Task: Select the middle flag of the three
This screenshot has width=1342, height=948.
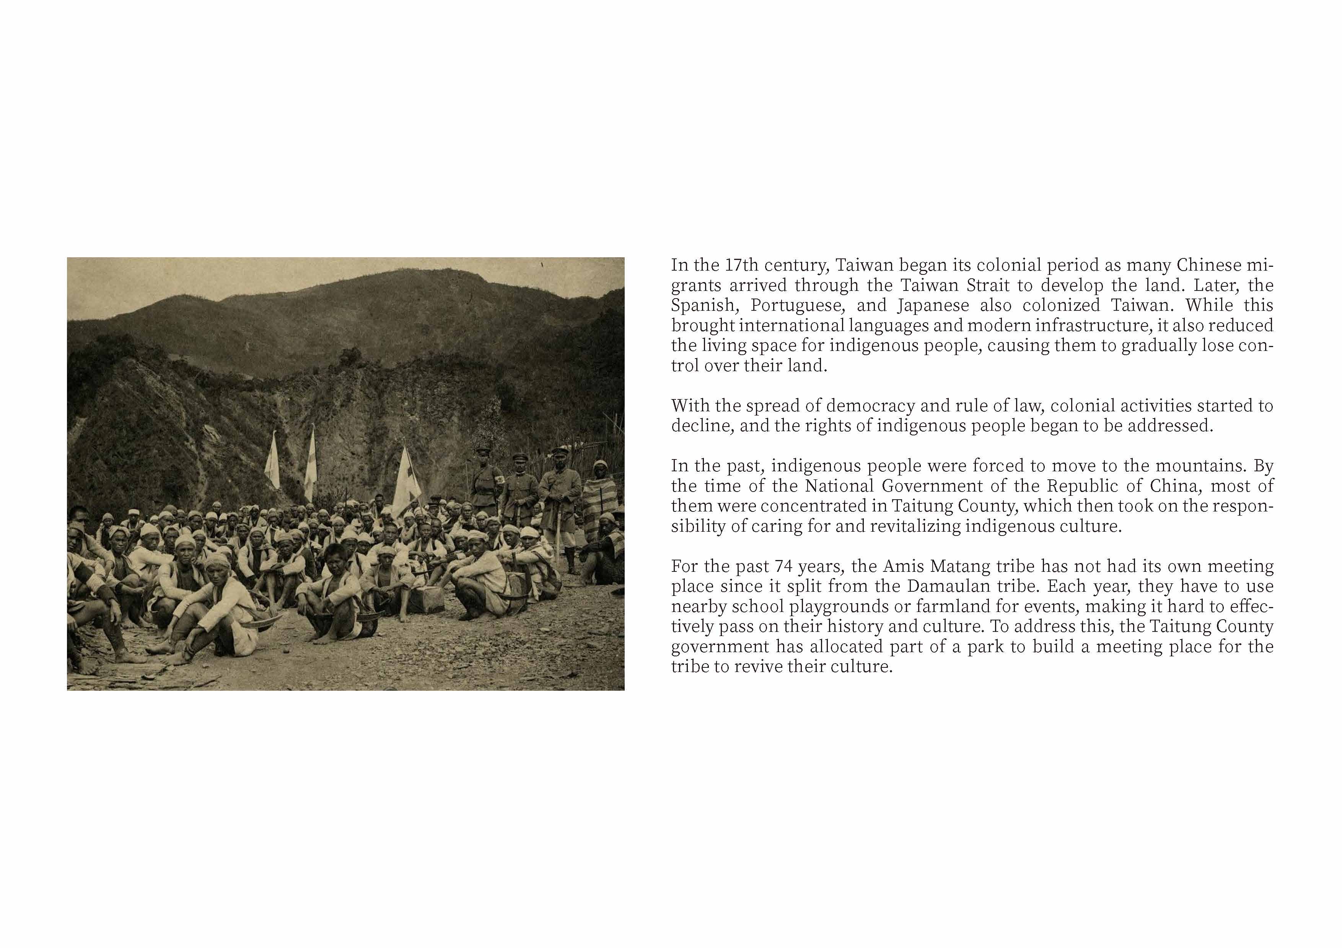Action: [310, 461]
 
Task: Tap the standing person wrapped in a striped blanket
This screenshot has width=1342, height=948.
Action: [600, 502]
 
